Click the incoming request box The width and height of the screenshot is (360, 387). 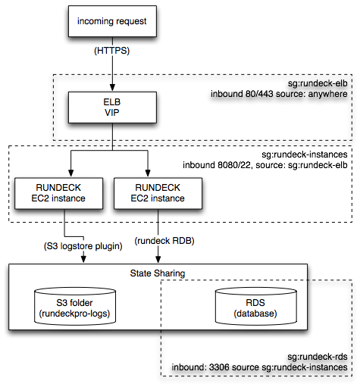click(112, 21)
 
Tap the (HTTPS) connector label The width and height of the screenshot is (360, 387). click(112, 51)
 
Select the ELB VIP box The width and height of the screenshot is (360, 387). click(112, 108)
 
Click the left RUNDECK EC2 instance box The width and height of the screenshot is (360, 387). click(58, 193)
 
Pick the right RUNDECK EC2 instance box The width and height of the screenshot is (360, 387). click(158, 193)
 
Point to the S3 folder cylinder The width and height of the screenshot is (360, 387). click(75, 306)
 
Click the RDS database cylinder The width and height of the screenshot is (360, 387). click(255, 306)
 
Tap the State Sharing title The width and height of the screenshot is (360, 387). click(158, 273)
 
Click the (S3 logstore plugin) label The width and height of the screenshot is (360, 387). click(83, 246)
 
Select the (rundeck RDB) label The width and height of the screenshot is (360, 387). click(164, 241)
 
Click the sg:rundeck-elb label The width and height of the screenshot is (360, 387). click(318, 83)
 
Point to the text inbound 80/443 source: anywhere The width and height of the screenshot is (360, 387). click(279, 94)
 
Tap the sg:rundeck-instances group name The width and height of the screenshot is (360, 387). click(305, 154)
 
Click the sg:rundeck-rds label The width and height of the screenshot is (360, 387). click(318, 357)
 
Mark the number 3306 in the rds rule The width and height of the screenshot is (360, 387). click(219, 367)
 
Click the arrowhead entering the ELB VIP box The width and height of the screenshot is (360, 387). click(112, 88)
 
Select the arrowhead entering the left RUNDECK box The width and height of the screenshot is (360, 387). click(71, 173)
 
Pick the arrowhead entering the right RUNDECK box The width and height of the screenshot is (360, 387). click(148, 173)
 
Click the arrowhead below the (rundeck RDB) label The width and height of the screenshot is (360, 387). click(158, 260)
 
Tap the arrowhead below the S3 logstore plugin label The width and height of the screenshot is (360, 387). click(83, 260)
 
